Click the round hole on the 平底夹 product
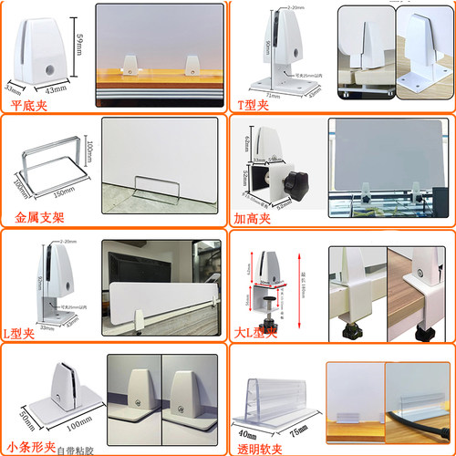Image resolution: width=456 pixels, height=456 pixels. [47, 68]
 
